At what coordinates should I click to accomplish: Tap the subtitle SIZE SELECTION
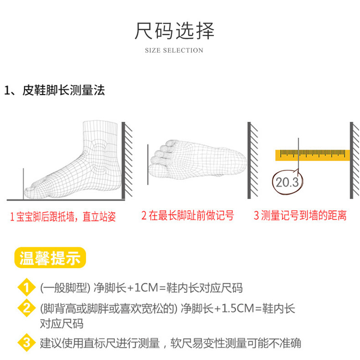174,50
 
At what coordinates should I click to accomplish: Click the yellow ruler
312,155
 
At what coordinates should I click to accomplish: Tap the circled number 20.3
286,182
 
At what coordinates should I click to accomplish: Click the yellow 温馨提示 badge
50,258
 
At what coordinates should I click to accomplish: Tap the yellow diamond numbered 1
26,288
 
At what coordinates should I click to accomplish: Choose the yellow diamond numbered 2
26,308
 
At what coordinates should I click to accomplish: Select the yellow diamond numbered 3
26,343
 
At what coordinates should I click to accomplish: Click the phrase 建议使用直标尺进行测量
100,343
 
